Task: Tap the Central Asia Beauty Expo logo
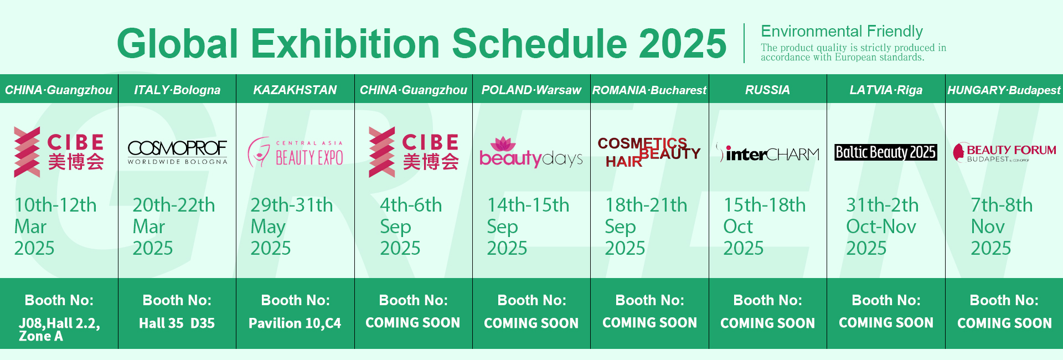tap(295, 153)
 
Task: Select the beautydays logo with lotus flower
tap(531, 152)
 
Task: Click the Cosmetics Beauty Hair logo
tap(649, 152)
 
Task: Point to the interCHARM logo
tap(767, 153)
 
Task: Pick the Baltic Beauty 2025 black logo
tap(886, 152)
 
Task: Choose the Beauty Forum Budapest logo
tap(1004, 152)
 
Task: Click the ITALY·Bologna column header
tap(177, 90)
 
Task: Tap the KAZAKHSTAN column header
tap(295, 90)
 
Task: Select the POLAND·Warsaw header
tap(531, 90)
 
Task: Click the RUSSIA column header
tap(767, 90)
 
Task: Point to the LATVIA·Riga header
tap(886, 90)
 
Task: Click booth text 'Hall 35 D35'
tap(177, 323)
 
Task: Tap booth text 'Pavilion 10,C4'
tap(295, 323)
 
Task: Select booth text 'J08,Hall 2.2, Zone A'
tap(59, 329)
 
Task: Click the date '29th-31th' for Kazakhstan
tap(292, 205)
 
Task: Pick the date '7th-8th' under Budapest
tap(1002, 205)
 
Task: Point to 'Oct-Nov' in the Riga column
tap(881, 227)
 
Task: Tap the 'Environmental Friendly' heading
tap(842, 31)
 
